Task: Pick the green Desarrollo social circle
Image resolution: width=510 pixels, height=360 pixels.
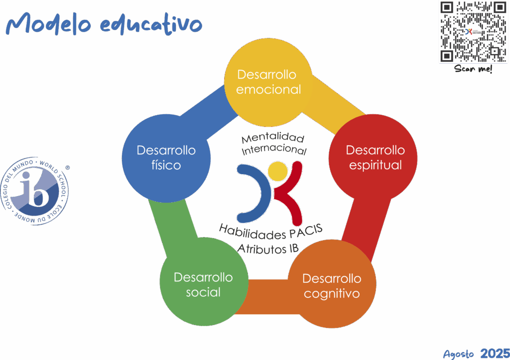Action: (203, 284)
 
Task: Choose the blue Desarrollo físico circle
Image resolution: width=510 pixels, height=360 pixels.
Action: (166, 157)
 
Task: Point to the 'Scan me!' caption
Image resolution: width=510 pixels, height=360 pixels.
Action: (474, 70)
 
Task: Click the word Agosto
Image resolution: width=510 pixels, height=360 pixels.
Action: (459, 354)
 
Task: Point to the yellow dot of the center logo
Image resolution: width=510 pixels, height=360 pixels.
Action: (277, 172)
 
